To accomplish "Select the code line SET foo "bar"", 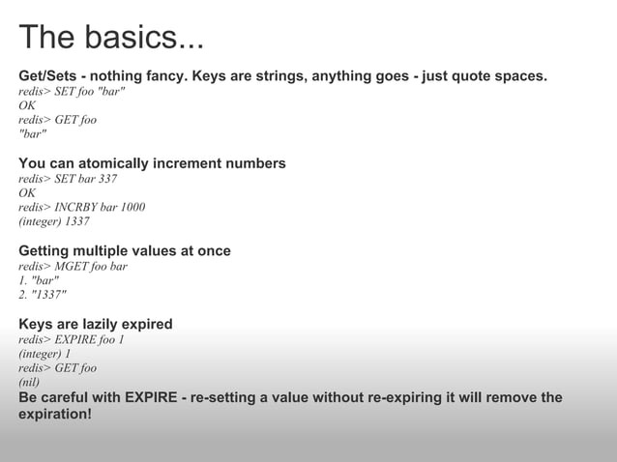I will (72, 91).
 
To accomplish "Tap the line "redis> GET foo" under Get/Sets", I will (58, 120).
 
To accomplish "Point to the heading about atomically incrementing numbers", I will (152, 163).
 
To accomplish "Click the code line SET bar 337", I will (68, 179).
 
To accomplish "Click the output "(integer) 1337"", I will (54, 221).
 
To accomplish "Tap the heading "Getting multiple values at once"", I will (125, 251).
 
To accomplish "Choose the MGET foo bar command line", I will (73, 266).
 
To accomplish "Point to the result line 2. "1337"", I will (44, 295).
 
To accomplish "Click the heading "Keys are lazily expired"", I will (96, 324).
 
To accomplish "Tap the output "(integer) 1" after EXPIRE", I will (44, 354).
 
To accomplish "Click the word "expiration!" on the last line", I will (55, 414).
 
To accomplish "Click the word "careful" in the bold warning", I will (71, 397).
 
